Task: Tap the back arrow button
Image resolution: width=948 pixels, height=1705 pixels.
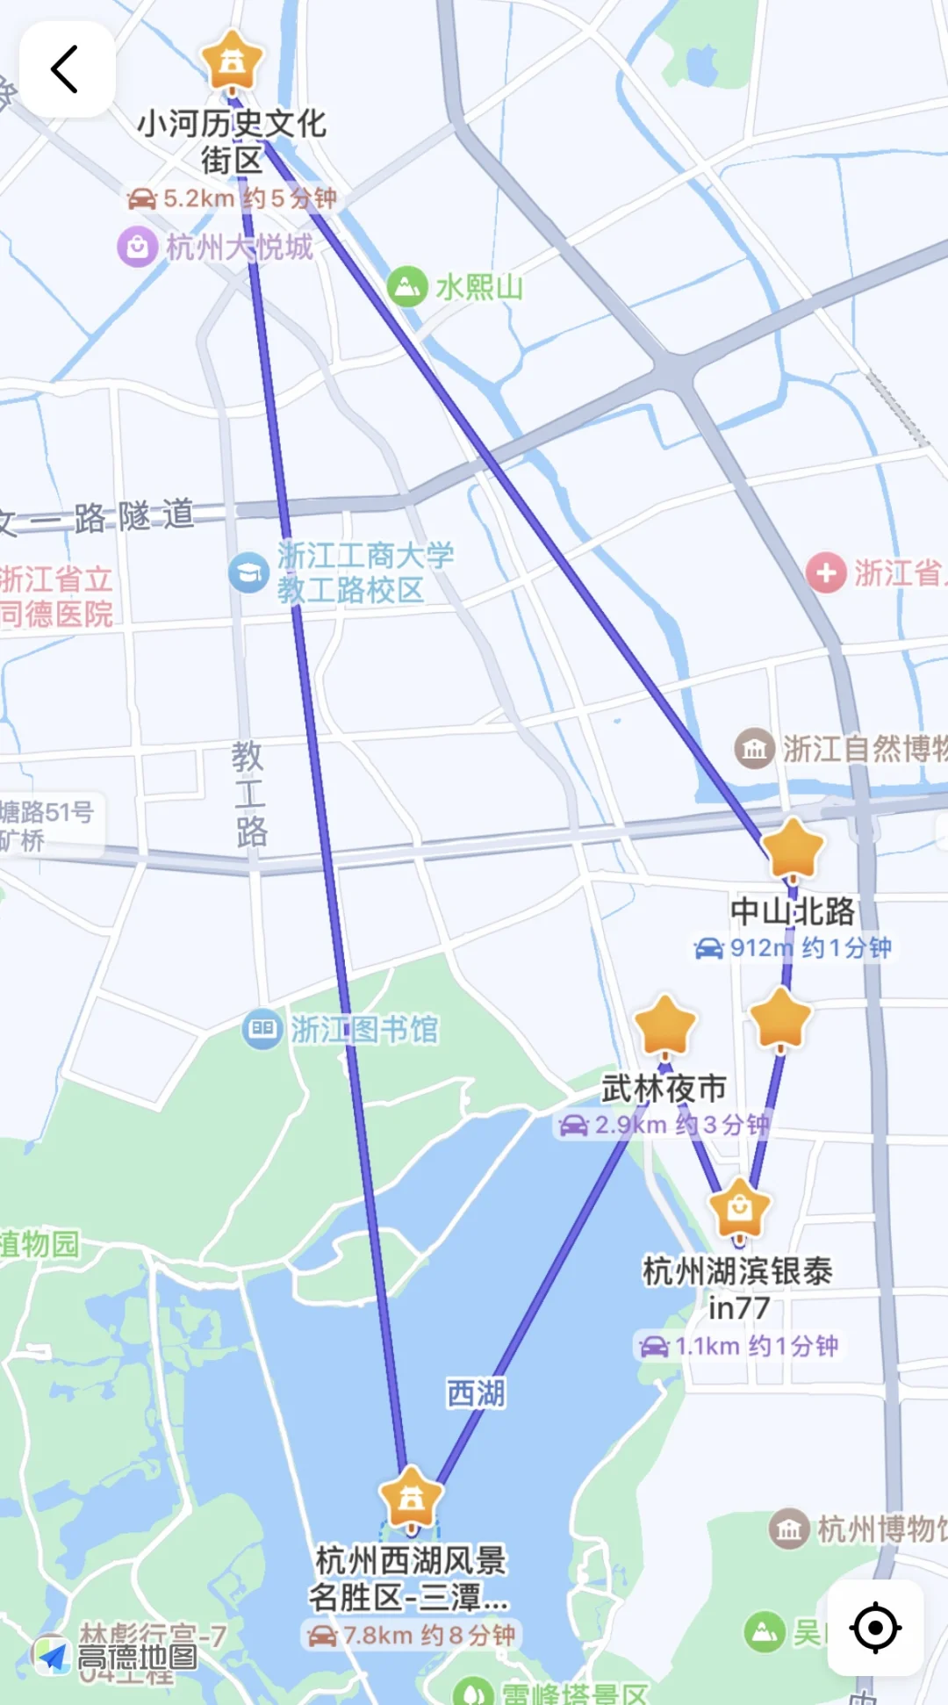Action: pyautogui.click(x=66, y=69)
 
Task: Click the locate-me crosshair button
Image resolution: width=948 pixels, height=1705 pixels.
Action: pyautogui.click(x=875, y=1627)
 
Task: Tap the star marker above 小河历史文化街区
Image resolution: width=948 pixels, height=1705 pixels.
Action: pyautogui.click(x=232, y=61)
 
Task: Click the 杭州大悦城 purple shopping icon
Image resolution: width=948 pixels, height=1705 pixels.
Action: pyautogui.click(x=137, y=248)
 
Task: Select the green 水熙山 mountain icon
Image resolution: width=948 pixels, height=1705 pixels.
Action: pyautogui.click(x=406, y=286)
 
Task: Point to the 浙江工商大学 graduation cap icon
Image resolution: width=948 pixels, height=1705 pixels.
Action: pyautogui.click(x=248, y=572)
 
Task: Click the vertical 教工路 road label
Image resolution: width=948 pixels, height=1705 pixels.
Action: pyautogui.click(x=249, y=794)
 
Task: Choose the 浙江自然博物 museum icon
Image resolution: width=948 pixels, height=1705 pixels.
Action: pyautogui.click(x=754, y=749)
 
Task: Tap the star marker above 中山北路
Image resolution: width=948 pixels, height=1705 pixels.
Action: pyautogui.click(x=793, y=849)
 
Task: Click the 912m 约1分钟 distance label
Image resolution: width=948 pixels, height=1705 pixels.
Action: pyautogui.click(x=794, y=947)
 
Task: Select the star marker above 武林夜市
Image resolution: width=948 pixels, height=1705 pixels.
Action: pyautogui.click(x=664, y=1025)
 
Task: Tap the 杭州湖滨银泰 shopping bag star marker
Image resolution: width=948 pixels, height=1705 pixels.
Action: pyautogui.click(x=739, y=1209)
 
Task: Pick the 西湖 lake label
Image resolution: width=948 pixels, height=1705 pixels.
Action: pyautogui.click(x=476, y=1393)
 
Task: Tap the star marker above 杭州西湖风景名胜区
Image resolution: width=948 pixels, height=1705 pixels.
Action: pyautogui.click(x=411, y=1497)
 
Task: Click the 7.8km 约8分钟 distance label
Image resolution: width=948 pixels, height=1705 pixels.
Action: pyautogui.click(x=411, y=1635)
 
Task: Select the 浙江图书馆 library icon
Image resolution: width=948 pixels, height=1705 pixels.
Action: pyautogui.click(x=262, y=1029)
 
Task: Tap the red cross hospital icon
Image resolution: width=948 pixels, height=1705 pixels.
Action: pyautogui.click(x=826, y=572)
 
